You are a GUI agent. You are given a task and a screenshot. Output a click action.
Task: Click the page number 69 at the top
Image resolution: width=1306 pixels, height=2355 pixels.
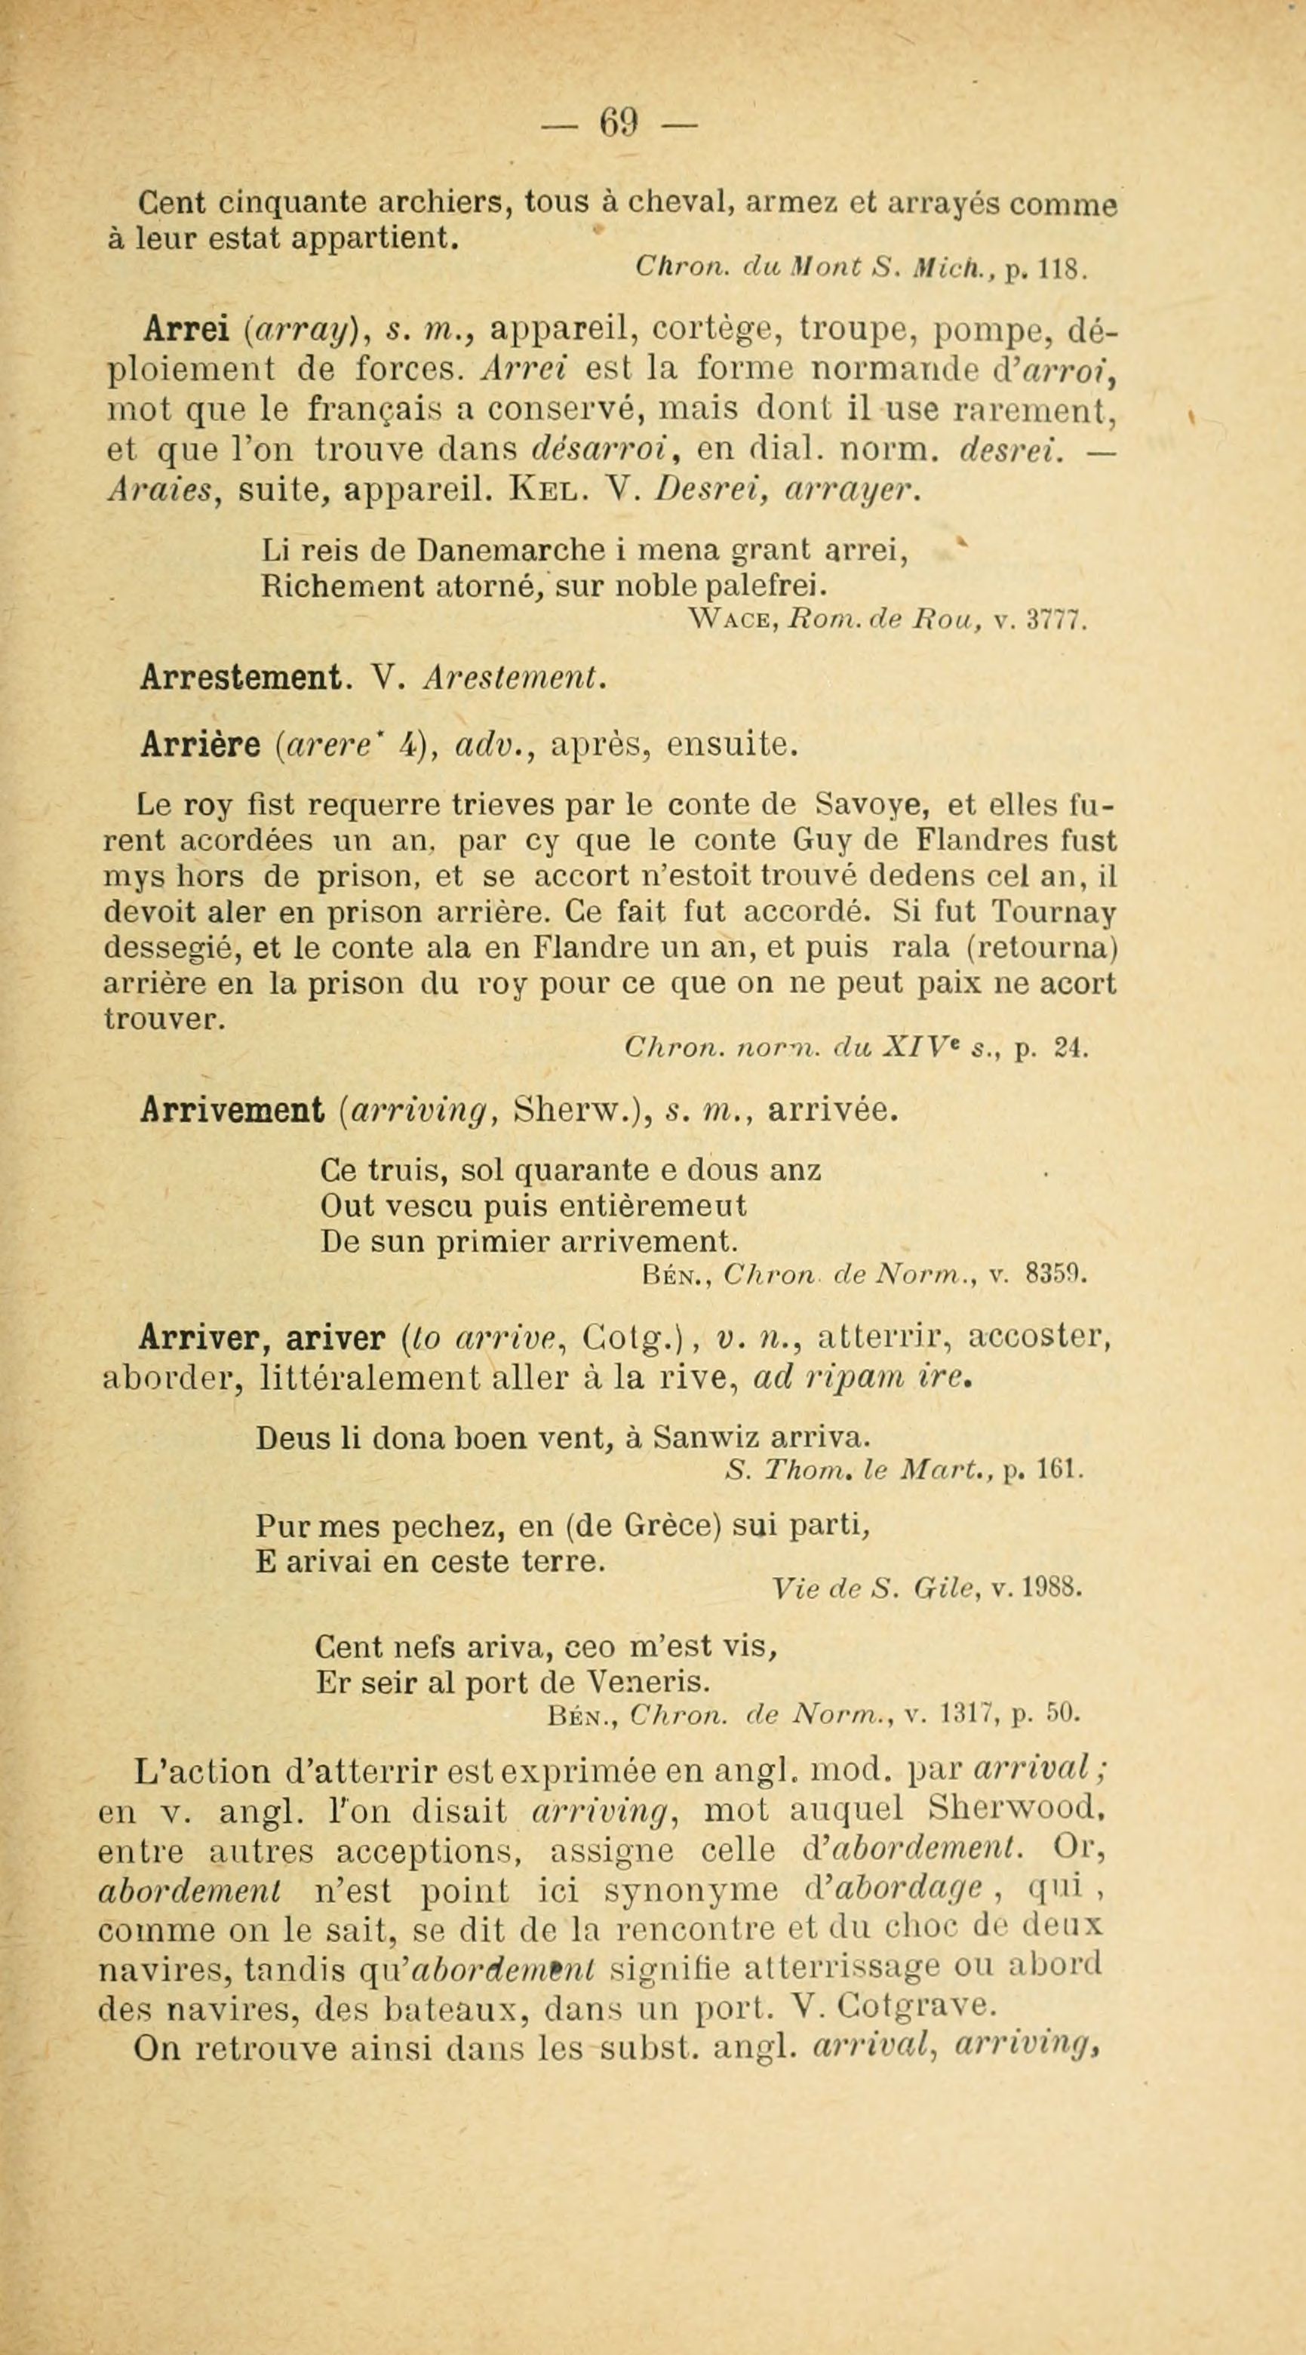click(x=619, y=121)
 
